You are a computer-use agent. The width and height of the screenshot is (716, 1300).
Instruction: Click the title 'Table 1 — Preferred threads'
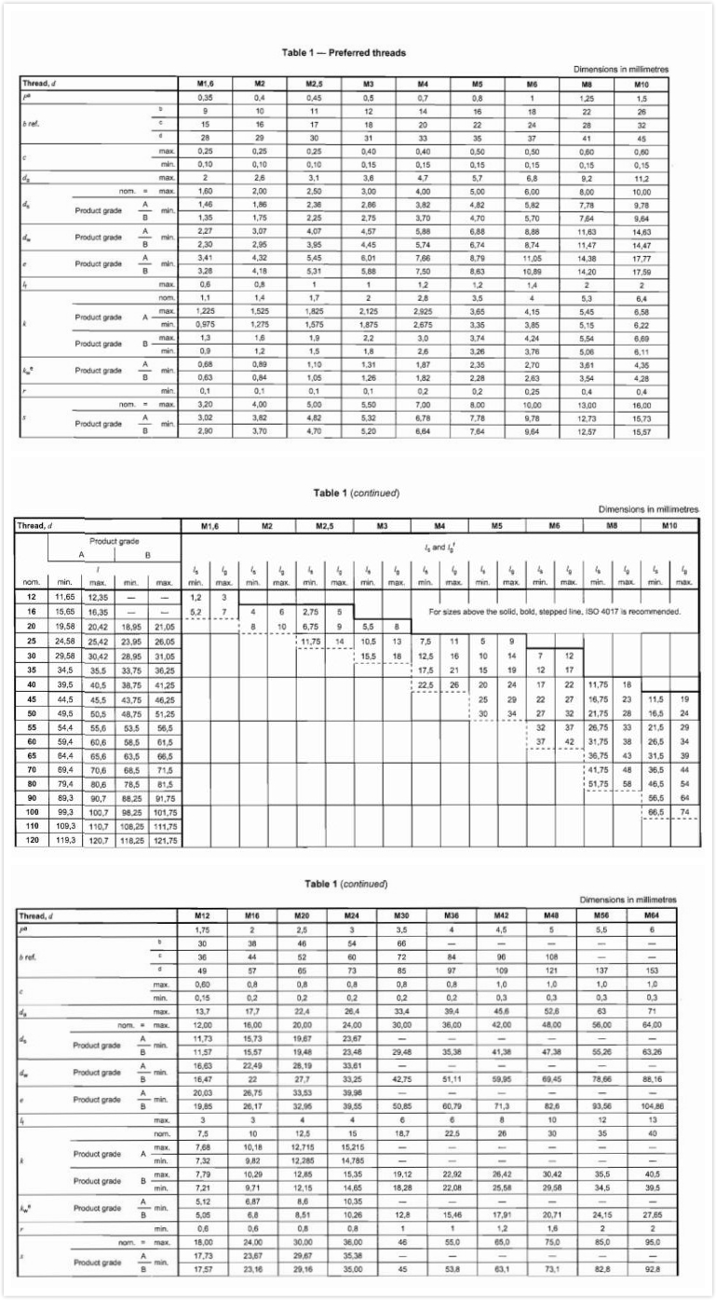[357, 53]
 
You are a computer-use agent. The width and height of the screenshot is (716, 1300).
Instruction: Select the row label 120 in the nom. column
[32, 840]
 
